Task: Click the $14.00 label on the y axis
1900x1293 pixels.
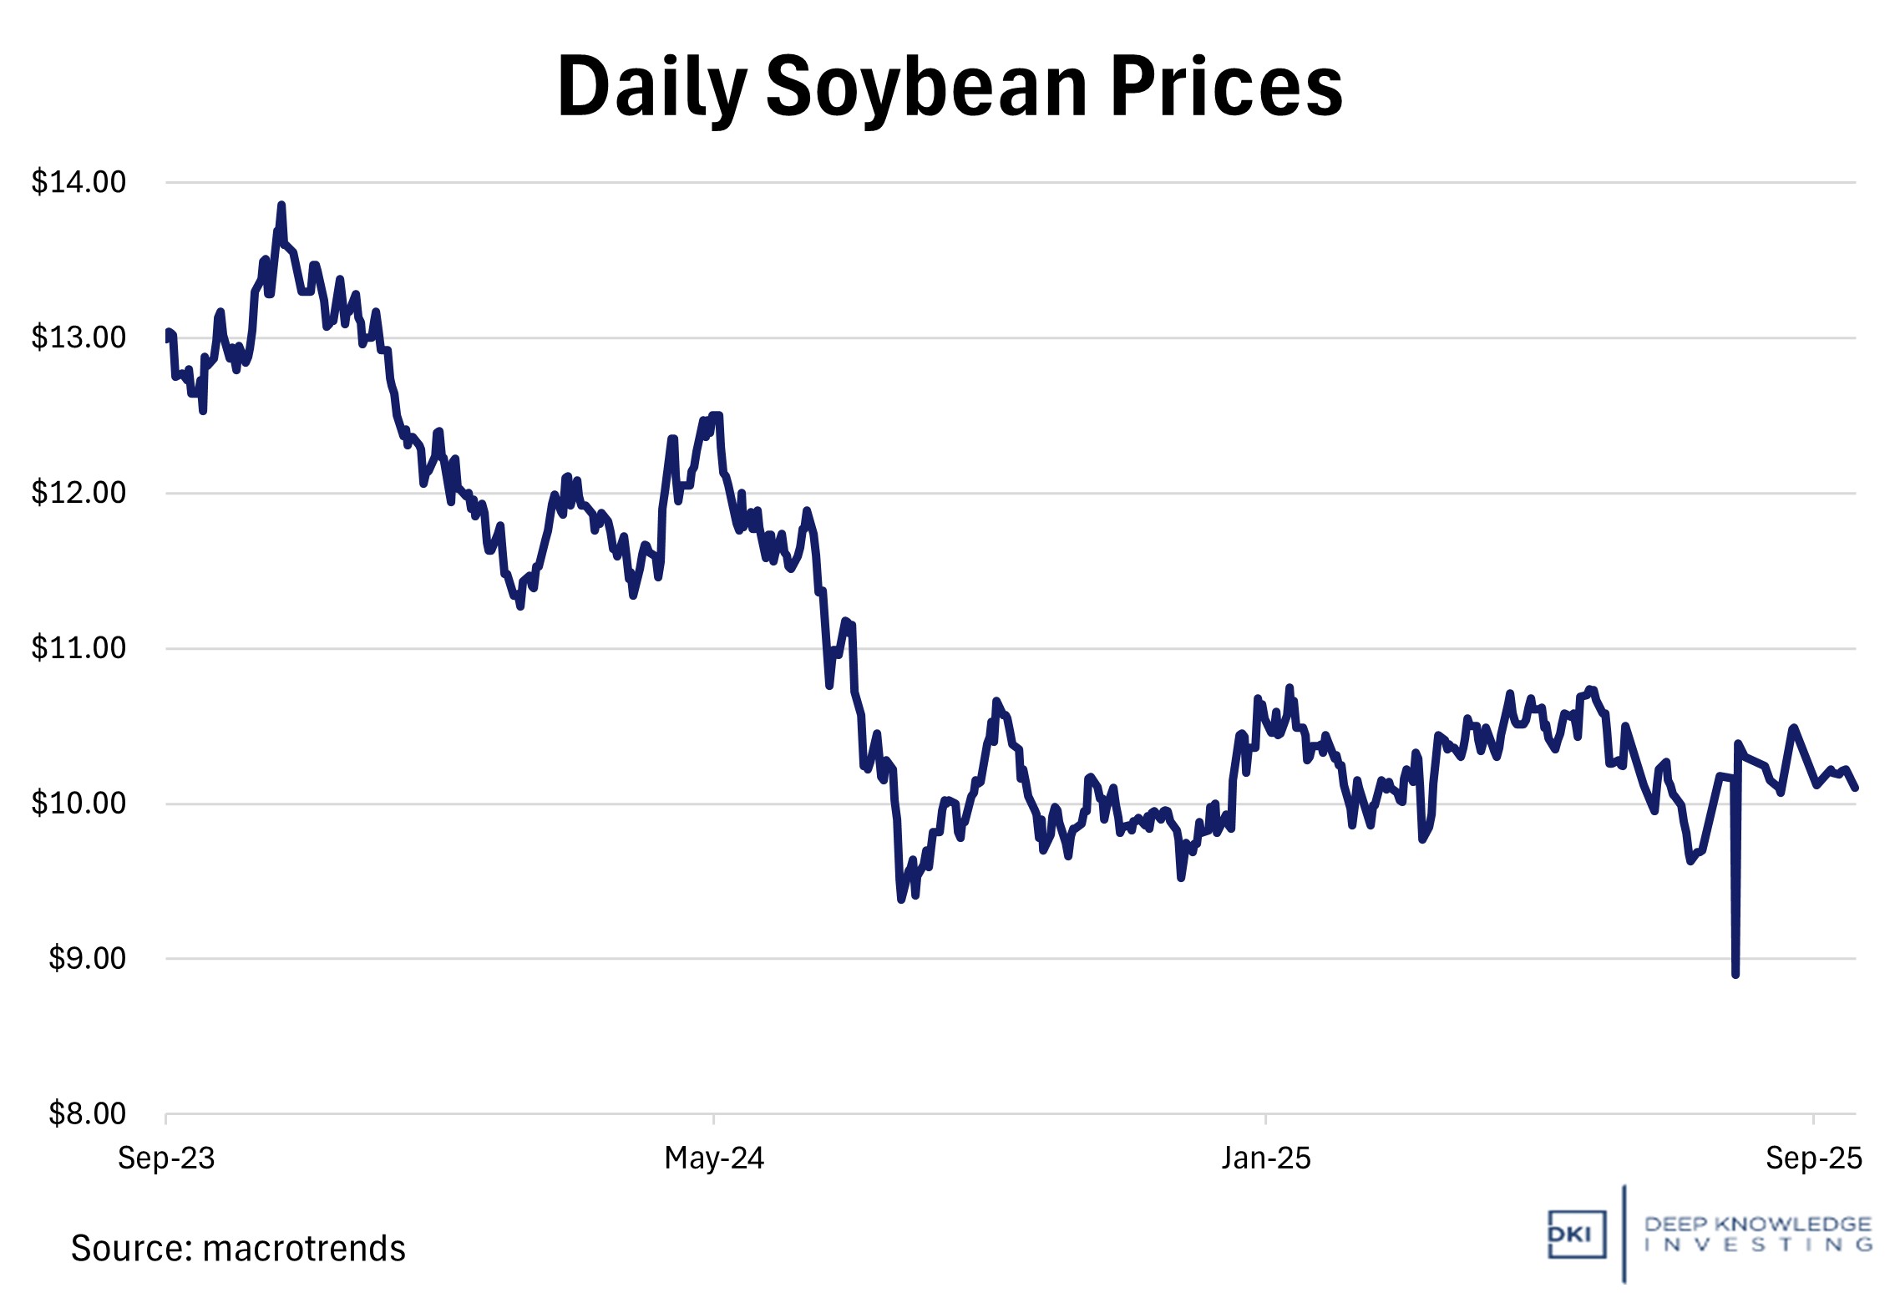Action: pos(79,182)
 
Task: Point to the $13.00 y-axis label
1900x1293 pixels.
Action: pos(79,337)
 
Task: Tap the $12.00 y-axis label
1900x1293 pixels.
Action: pos(79,493)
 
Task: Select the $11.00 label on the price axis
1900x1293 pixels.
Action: pos(79,648)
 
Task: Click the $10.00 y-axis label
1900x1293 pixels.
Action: pos(79,804)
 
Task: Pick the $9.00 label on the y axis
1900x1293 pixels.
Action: pos(87,959)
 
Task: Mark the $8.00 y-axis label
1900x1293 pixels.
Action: pos(87,1114)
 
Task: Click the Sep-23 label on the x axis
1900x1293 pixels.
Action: pos(166,1159)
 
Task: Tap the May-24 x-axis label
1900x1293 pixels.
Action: pos(714,1159)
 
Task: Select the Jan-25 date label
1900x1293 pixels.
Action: pos(1266,1159)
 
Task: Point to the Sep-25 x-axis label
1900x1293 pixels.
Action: pos(1813,1159)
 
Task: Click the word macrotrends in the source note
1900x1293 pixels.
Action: pos(304,1249)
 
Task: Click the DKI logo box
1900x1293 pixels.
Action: pos(1576,1235)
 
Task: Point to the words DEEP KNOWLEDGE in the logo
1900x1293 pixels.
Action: pos(1757,1225)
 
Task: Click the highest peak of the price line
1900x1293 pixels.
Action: pos(281,205)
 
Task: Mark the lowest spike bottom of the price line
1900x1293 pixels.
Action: pos(1735,974)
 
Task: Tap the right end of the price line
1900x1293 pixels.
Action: pos(1855,788)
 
